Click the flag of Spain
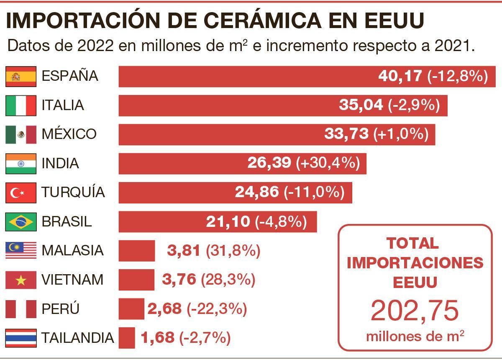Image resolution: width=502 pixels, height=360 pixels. tap(20, 76)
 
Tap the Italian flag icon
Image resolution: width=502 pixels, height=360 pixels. tap(20, 105)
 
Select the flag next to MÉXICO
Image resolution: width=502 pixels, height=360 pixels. tap(20, 134)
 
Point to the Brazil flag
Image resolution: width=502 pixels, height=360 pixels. tap(20, 221)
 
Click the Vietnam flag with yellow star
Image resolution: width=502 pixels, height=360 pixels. tap(20, 280)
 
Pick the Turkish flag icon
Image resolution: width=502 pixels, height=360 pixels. tap(20, 193)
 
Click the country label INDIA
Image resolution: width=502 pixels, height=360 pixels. tap(60, 163)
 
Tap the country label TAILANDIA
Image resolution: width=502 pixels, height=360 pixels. tap(78, 337)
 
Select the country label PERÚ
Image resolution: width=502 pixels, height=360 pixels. tap(61, 309)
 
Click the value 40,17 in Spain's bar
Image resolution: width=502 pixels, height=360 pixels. tap(400, 76)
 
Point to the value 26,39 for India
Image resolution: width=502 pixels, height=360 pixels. tap(269, 163)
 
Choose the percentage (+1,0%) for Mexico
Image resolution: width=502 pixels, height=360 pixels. tap(401, 134)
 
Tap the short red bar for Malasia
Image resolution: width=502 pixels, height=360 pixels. tap(136, 251)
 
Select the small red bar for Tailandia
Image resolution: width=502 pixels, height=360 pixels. tap(127, 338)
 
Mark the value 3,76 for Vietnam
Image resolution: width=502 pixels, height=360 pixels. tap(179, 280)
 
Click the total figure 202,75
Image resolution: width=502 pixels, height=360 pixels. tap(415, 311)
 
